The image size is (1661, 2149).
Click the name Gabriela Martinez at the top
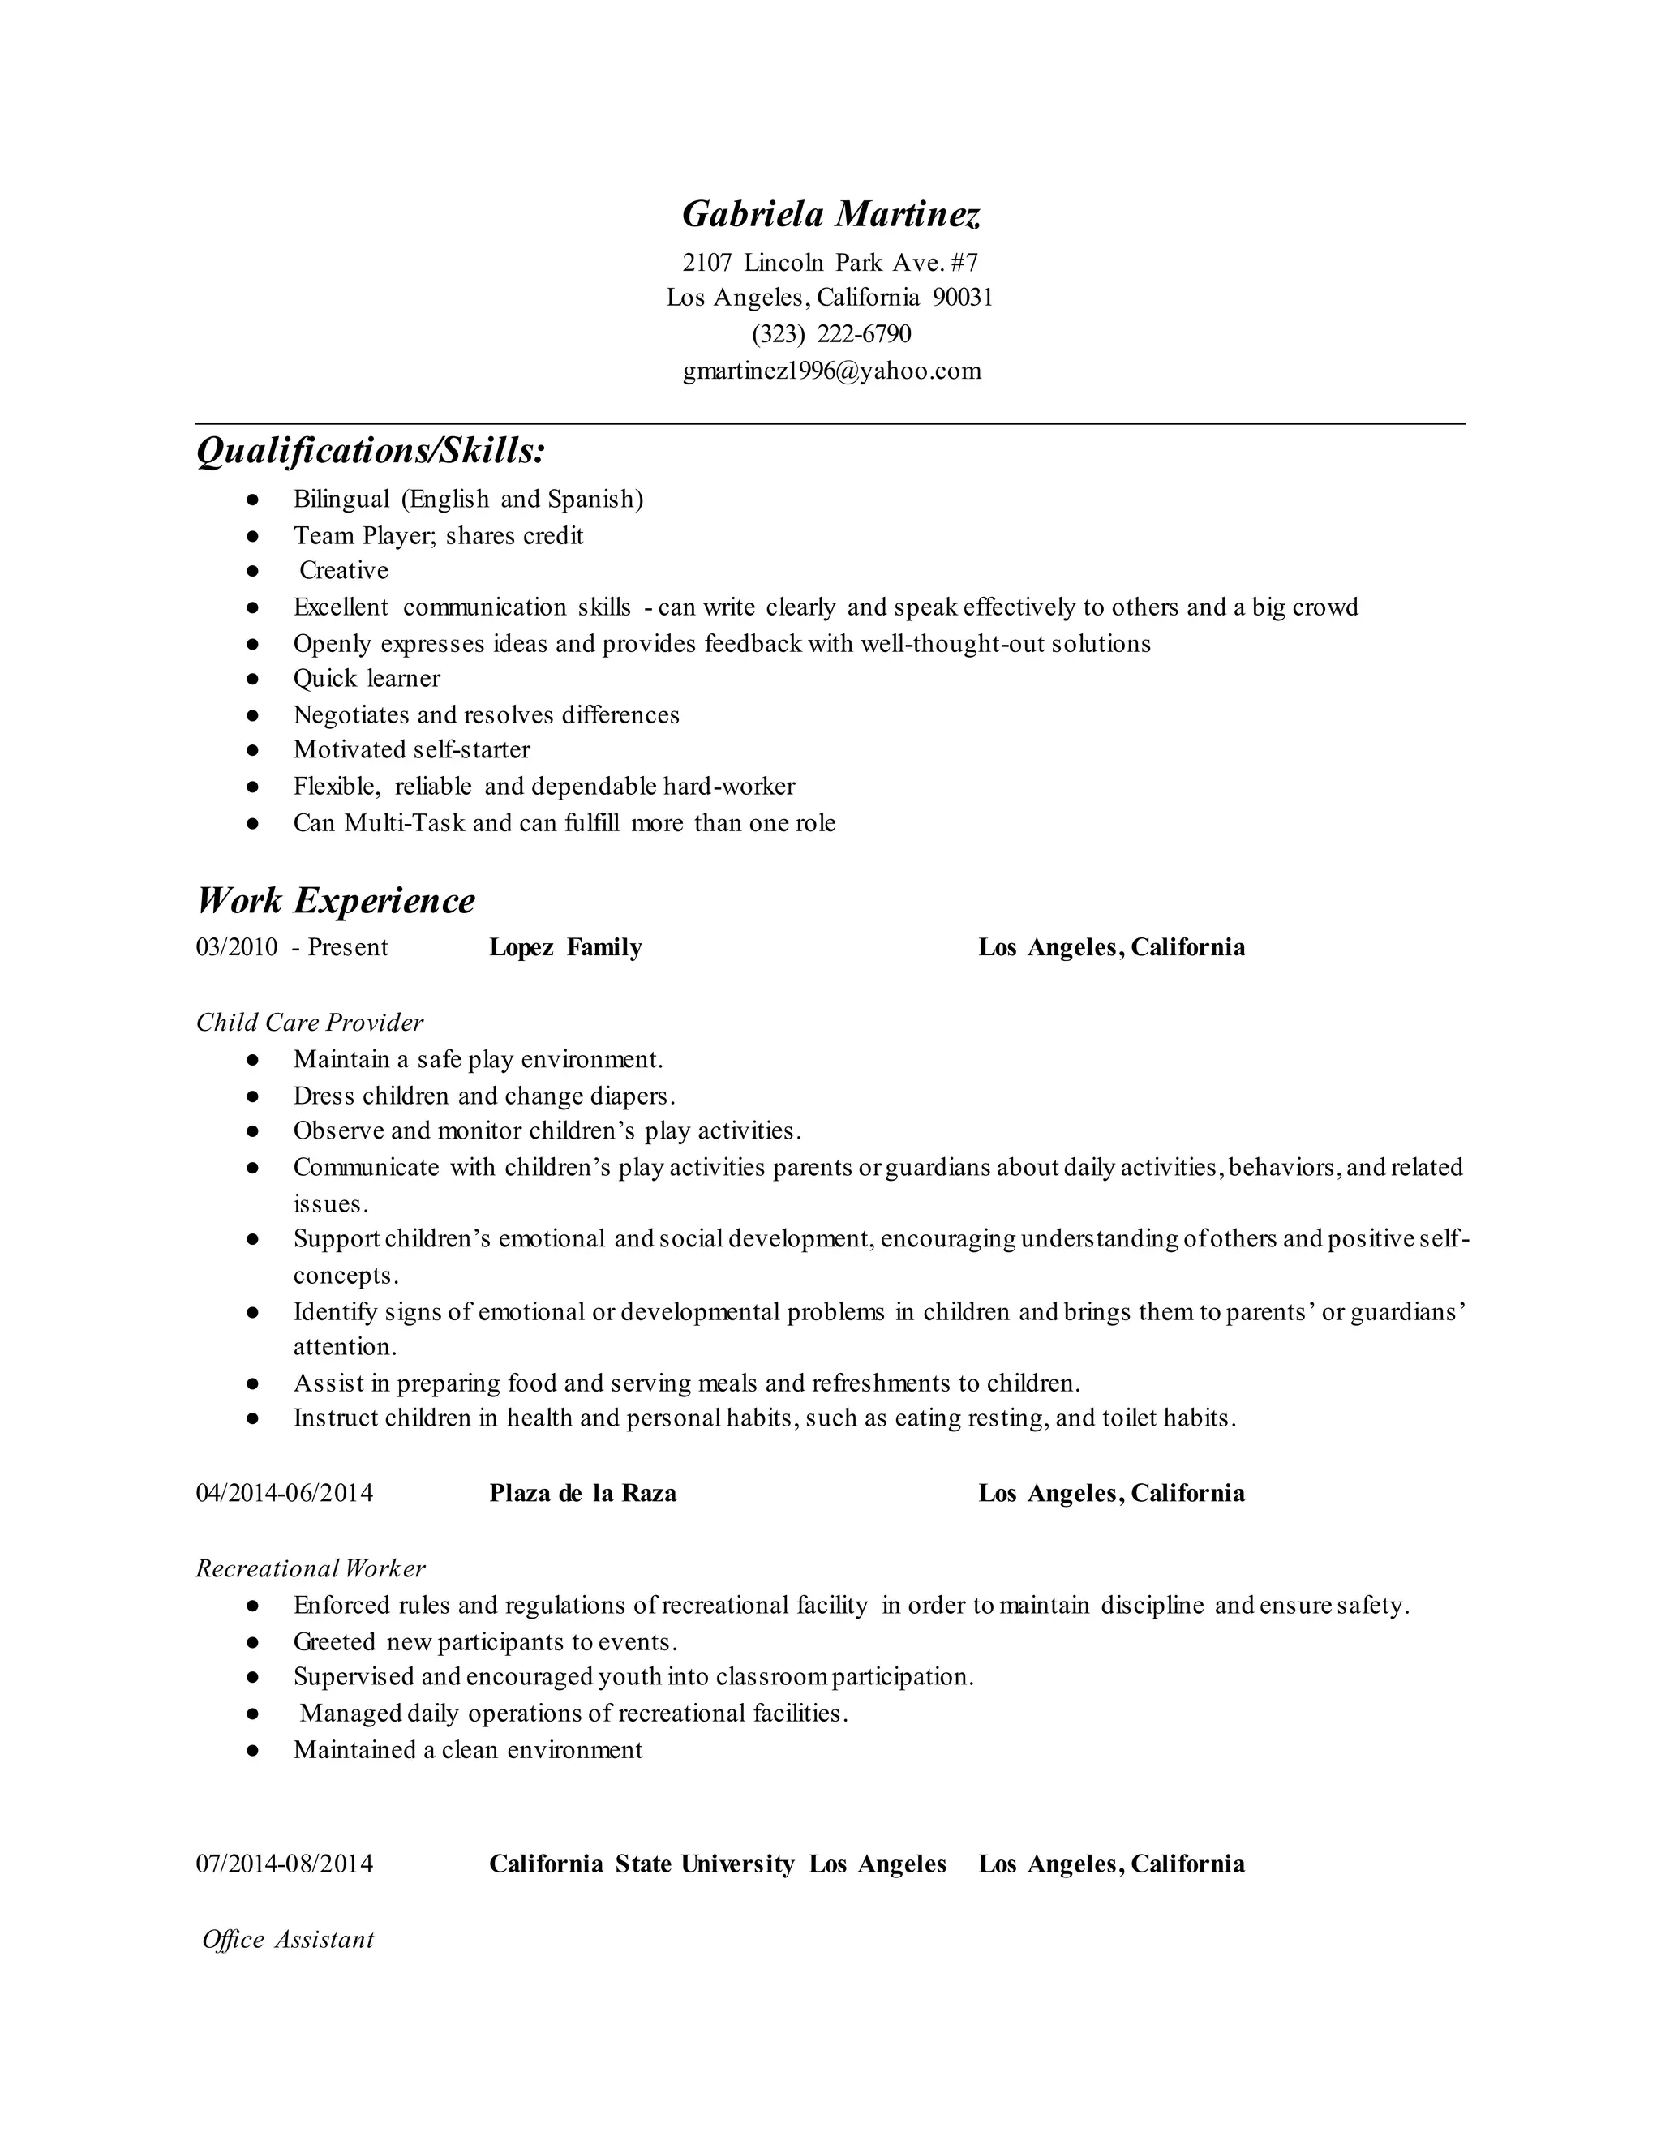click(830, 213)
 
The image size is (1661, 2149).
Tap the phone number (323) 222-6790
click(830, 335)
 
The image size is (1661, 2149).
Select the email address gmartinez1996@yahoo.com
click(831, 371)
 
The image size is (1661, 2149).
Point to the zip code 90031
click(963, 297)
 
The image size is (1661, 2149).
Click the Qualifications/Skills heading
click(371, 451)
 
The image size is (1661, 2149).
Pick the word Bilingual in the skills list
click(341, 499)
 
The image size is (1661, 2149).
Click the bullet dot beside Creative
click(253, 572)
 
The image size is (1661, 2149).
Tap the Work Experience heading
click(336, 900)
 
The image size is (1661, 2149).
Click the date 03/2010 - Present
click(292, 947)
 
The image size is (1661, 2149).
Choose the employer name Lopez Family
click(566, 947)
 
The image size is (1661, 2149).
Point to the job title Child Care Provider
click(310, 1023)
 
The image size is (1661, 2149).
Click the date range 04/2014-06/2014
click(285, 1494)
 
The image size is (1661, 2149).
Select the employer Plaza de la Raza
click(582, 1494)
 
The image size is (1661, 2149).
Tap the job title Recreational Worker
click(311, 1568)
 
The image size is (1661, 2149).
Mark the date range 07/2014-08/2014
click(285, 1864)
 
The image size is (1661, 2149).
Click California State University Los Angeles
click(717, 1864)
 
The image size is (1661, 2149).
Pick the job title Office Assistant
click(287, 1940)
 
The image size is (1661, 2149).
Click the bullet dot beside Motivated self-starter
click(253, 751)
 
